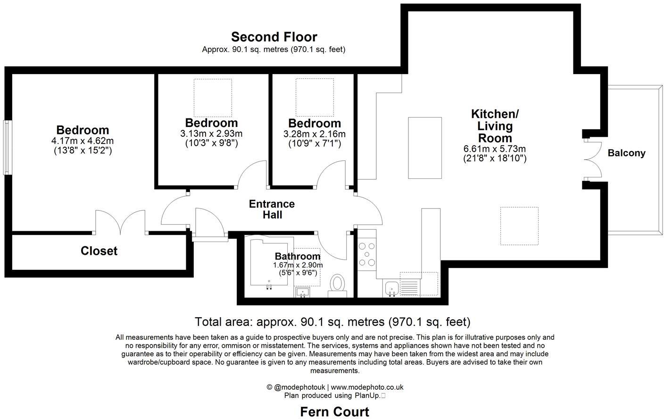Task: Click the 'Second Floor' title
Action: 274,37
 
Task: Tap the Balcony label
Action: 626,153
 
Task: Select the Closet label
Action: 99,251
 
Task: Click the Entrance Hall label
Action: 272,209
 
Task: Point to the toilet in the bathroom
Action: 337,284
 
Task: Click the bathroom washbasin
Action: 302,292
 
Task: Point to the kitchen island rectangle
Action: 424,148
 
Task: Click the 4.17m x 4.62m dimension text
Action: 83,141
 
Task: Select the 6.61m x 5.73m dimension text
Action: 495,149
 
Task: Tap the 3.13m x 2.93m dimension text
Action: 211,134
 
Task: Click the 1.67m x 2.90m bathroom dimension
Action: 298,265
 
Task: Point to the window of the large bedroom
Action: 7,148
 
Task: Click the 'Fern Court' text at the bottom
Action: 334,411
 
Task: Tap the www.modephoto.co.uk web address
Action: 367,387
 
